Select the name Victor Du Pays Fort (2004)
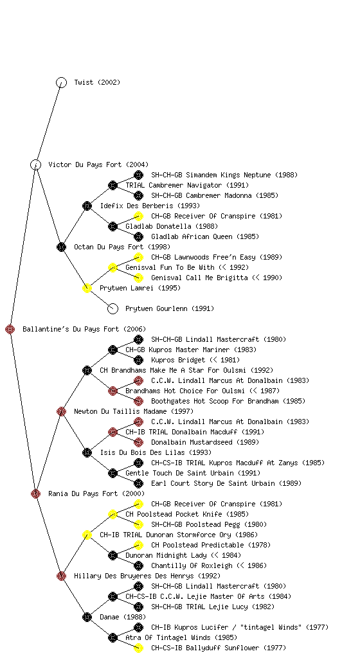pos(98,164)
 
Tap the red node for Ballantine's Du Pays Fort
pos(10,329)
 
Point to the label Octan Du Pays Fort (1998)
pos(122,247)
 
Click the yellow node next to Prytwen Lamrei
pos(87,288)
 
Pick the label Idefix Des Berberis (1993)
pos(150,206)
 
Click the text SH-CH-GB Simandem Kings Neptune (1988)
pos(224,175)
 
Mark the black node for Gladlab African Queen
pos(138,236)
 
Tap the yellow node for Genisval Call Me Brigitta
pos(138,278)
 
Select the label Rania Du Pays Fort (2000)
pos(96,493)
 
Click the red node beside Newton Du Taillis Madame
pos(61,411)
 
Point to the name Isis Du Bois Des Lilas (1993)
pos(156,452)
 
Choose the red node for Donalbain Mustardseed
pos(138,442)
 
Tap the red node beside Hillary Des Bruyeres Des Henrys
pos(61,576)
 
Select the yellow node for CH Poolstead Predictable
pos(138,545)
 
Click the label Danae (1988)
pos(123,617)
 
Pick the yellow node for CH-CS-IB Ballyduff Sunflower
pos(138,648)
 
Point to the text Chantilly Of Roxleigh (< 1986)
pos(209,565)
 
